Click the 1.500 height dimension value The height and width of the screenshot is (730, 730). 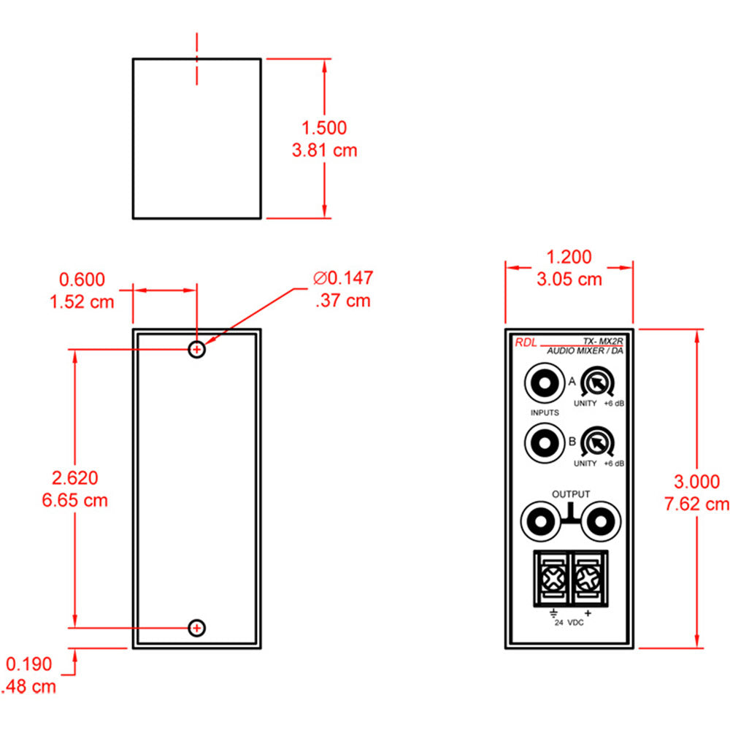coord(324,128)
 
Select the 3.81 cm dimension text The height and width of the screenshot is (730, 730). coord(324,151)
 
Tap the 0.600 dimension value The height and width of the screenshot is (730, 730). coord(82,280)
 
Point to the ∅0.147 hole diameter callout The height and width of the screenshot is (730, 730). coord(342,278)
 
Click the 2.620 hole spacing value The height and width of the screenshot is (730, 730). coord(74,478)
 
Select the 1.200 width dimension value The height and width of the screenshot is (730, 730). coord(569,257)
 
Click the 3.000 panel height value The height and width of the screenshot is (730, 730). coord(697,481)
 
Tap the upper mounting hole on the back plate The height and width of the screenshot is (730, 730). coord(196,350)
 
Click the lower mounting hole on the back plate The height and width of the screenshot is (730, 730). coord(196,627)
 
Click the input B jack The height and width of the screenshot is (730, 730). coord(543,442)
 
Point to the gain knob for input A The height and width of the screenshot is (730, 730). coord(597,383)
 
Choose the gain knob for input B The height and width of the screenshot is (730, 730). coord(597,442)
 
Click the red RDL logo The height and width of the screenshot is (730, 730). coord(525,342)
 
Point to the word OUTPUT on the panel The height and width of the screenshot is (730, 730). coord(570,494)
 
